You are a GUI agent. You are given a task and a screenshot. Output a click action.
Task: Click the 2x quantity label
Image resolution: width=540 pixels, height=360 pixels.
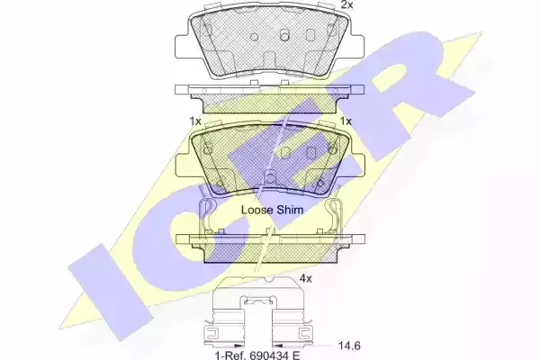pyautogui.click(x=346, y=4)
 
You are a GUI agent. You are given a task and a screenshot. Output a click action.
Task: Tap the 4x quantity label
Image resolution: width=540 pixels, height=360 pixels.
pyautogui.click(x=305, y=278)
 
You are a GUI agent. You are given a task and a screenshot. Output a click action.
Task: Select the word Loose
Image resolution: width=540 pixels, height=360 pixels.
pyautogui.click(x=256, y=210)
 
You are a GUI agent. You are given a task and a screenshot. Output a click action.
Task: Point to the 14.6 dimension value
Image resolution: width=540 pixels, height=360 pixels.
pyautogui.click(x=349, y=346)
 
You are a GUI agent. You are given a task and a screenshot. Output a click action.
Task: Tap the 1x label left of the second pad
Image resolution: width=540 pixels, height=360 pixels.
pyautogui.click(x=195, y=121)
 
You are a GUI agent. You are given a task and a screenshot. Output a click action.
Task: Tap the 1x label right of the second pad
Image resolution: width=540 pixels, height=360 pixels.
pyautogui.click(x=346, y=121)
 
